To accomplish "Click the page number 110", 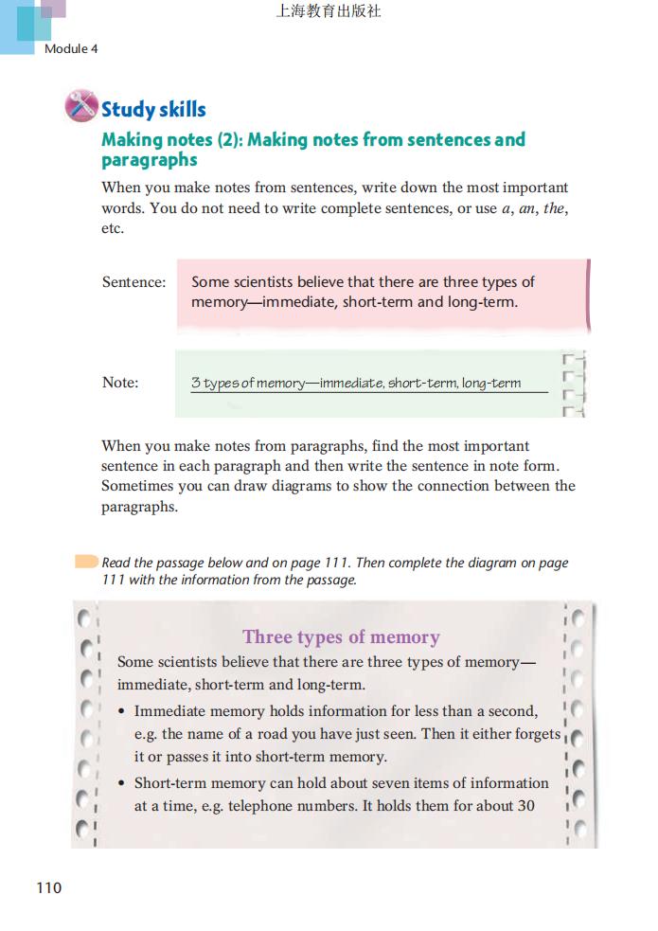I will [48, 887].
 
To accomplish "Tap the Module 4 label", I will [71, 48].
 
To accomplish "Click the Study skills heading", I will [153, 110].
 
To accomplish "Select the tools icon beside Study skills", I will [81, 105].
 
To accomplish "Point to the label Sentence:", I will [133, 282].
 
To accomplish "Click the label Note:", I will [120, 383].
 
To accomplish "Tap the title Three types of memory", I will [341, 636].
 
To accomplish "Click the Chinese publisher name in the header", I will [329, 12].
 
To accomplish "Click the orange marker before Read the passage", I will [86, 562].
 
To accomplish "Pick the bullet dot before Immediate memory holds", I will [122, 711].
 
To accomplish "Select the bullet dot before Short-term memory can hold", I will [122, 783].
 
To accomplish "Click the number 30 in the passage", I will [525, 806].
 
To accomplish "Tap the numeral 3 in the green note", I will [195, 383].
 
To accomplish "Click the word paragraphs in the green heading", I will [149, 160].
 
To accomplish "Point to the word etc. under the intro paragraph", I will [113, 228].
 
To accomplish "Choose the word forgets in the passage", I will [532, 734].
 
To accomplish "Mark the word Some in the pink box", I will [210, 282].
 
